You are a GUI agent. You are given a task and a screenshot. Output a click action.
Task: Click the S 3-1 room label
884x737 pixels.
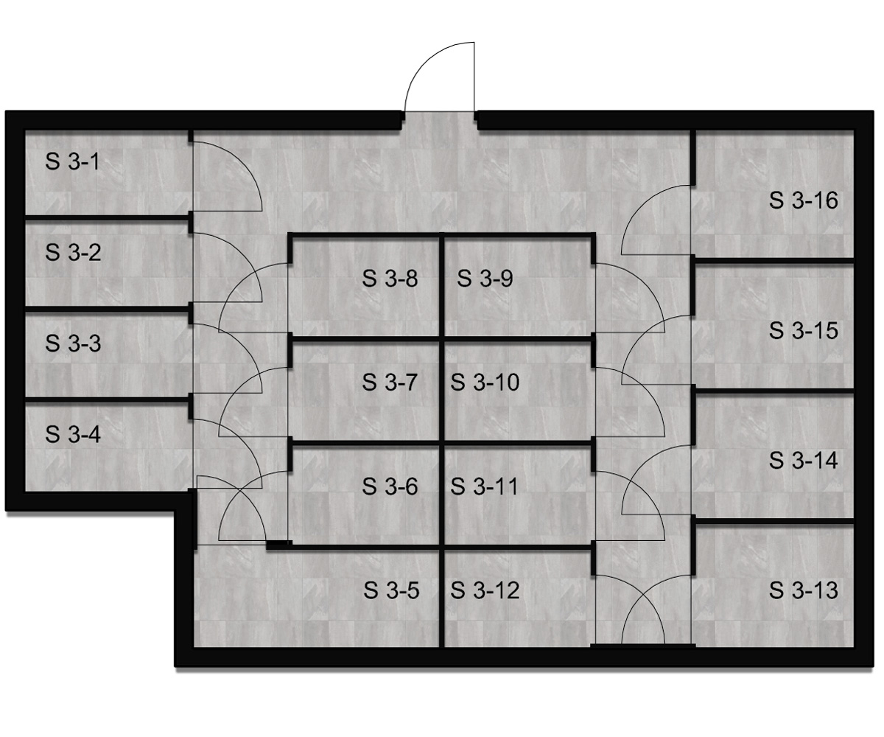click(72, 162)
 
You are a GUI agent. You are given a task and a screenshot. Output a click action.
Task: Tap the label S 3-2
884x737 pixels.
click(73, 253)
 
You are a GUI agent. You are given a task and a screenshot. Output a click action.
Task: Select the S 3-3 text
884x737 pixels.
click(73, 343)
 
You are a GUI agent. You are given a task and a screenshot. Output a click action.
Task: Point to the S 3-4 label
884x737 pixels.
click(73, 434)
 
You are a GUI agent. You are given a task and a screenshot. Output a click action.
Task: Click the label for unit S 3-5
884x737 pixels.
click(391, 590)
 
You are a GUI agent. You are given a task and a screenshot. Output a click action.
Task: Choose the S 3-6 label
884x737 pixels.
click(390, 486)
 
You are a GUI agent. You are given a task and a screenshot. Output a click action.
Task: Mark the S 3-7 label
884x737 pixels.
click(390, 383)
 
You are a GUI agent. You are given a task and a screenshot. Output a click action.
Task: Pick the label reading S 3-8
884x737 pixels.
click(390, 279)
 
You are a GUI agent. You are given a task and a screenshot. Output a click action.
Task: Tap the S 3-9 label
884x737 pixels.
click(485, 279)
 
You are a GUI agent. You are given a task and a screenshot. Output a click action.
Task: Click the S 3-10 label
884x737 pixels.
click(485, 383)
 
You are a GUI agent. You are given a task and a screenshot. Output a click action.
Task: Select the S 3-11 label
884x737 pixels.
click(484, 486)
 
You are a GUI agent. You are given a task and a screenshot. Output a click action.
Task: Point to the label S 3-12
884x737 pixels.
click(485, 590)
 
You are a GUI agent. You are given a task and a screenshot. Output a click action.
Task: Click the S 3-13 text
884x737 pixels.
click(804, 590)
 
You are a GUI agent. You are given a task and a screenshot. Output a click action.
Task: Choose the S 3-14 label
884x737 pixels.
click(804, 461)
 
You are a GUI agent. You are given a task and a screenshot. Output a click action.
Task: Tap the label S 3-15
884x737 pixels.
click(804, 330)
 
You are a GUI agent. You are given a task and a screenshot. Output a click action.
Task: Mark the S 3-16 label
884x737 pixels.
click(804, 200)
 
